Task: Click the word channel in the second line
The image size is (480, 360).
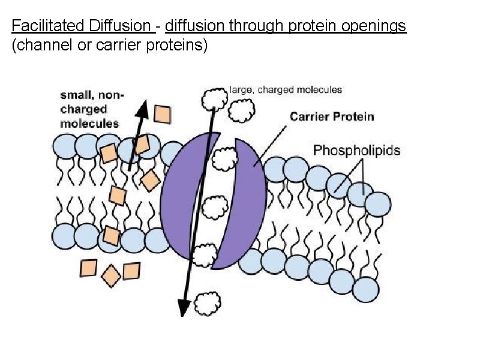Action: coord(41,46)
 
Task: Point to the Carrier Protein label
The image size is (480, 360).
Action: coord(332,116)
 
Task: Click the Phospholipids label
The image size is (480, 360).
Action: coord(356,150)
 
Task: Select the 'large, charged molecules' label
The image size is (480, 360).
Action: coord(286,89)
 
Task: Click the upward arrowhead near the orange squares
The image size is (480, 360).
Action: coord(142,108)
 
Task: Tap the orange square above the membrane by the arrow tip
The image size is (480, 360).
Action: coord(163,113)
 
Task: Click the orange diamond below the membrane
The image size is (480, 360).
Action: coord(110,275)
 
